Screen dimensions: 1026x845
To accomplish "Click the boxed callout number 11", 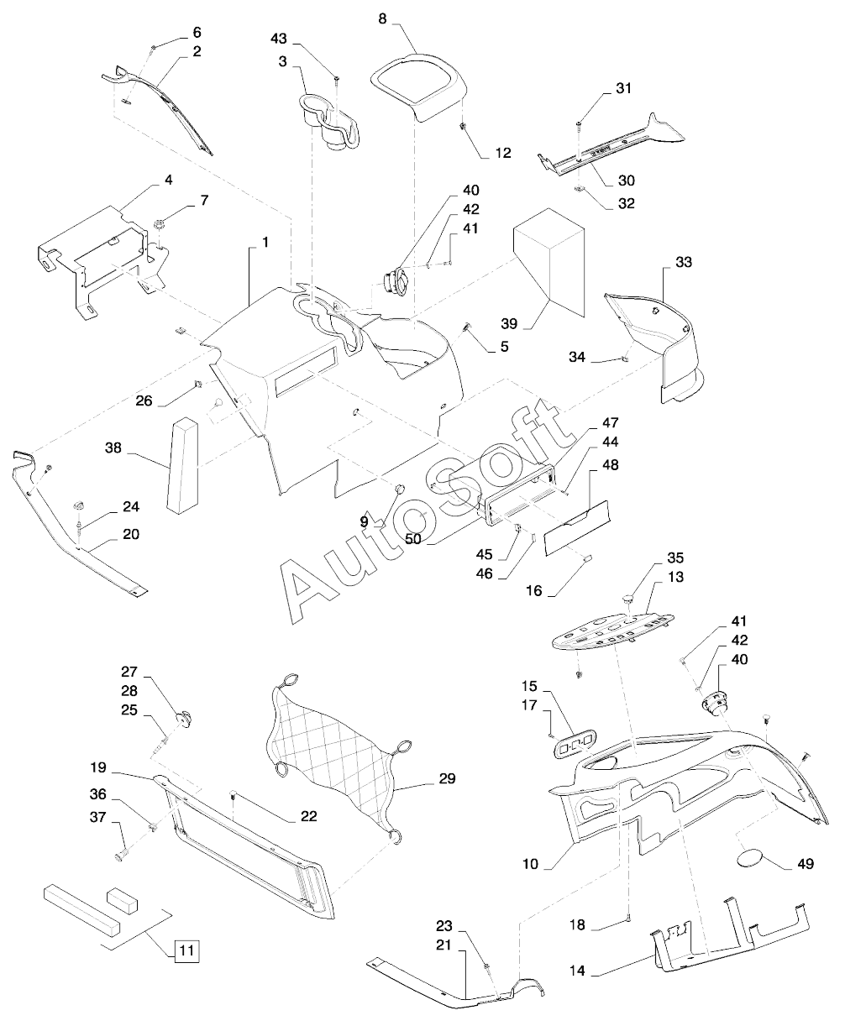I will coord(186,950).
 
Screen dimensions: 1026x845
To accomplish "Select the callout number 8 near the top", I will coord(382,18).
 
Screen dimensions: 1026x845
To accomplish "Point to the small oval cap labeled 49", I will coord(751,857).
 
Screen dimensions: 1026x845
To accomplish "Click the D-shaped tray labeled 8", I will coord(418,85).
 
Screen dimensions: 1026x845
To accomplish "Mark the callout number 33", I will coord(683,262).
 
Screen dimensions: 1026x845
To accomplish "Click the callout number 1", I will coord(265,243).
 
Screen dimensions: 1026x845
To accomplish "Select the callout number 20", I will coord(131,534).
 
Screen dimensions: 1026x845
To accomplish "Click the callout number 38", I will coord(114,448).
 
